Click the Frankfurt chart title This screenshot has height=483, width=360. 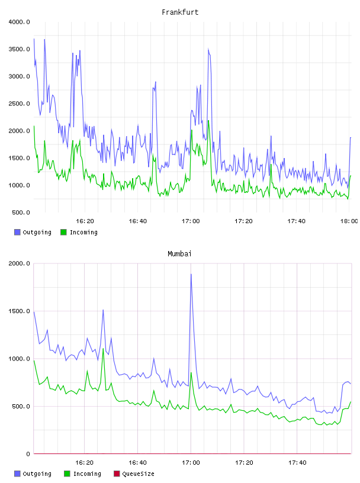click(180, 12)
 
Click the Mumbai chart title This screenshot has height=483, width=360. click(179, 254)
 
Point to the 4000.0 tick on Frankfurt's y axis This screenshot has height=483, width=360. click(20, 22)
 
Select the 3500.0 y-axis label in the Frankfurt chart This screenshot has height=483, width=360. click(20, 49)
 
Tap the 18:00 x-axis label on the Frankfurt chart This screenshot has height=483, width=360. click(349, 221)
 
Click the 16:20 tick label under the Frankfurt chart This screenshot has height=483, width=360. click(85, 221)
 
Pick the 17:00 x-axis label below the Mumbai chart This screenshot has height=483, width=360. click(191, 463)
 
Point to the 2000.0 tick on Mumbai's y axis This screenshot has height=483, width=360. click(20, 263)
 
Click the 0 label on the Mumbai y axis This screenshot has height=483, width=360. click(28, 454)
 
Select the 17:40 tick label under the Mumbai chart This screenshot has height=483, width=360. click(297, 463)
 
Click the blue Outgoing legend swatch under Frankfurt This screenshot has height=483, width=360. click(17, 232)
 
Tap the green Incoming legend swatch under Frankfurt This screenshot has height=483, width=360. click(63, 232)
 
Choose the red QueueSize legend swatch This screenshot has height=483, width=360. click(117, 474)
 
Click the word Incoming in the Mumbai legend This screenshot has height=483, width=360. click(87, 474)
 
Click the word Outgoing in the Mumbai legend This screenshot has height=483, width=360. click(37, 474)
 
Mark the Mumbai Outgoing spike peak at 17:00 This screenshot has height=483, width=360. click(191, 274)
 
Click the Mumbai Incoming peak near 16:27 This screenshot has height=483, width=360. click(103, 349)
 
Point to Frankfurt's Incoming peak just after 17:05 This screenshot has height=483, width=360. click(208, 121)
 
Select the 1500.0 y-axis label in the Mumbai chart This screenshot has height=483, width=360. click(20, 311)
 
